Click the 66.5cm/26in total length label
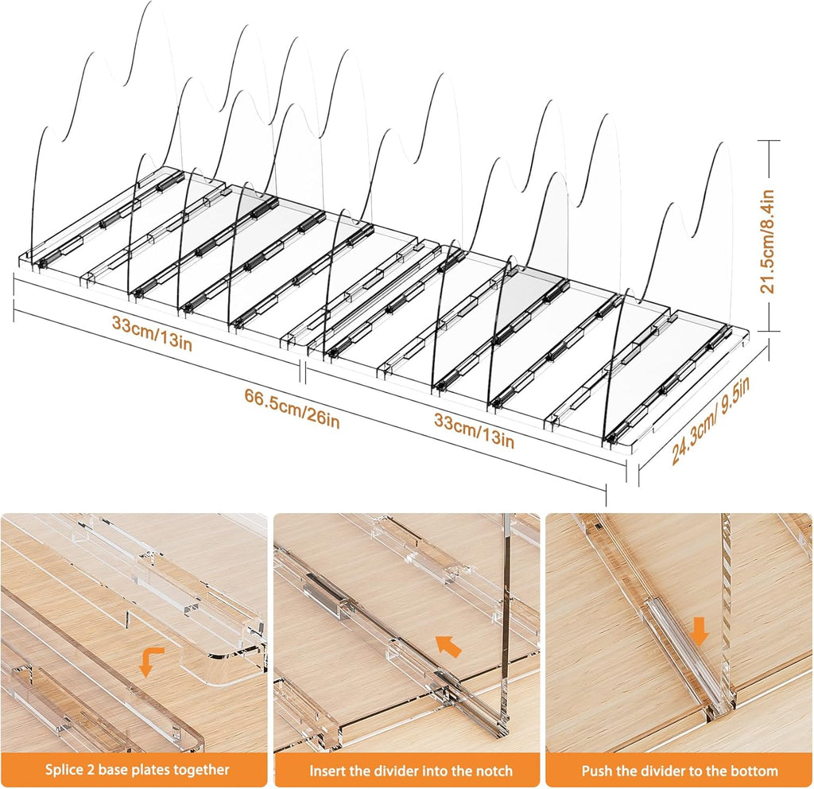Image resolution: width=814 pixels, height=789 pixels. (293, 410)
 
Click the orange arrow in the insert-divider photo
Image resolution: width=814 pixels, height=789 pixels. (448, 645)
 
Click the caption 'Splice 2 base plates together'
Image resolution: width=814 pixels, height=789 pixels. (137, 769)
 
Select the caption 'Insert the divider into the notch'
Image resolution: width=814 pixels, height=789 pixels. (411, 770)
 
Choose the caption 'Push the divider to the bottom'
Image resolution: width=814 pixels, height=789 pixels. (680, 770)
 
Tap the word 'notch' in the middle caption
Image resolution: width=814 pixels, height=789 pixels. (493, 770)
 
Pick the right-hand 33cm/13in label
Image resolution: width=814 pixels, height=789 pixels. (474, 430)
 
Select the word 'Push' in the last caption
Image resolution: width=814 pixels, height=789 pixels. (596, 770)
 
